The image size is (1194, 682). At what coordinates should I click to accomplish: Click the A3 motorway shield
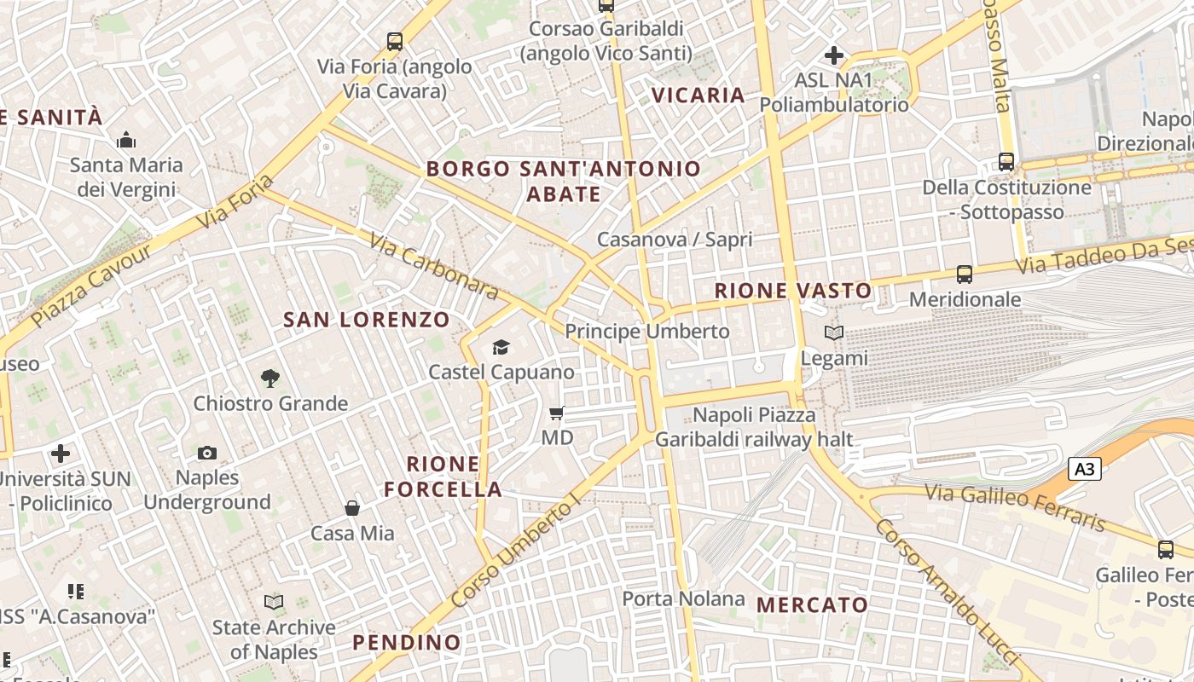[1084, 469]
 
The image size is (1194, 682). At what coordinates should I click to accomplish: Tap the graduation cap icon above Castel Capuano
[501, 347]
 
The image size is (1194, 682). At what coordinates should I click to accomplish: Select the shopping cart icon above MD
[557, 413]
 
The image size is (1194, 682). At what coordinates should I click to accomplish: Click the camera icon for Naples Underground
[207, 453]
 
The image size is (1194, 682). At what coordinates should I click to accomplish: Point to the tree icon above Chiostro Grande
[270, 378]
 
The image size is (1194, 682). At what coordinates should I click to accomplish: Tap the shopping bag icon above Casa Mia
[352, 509]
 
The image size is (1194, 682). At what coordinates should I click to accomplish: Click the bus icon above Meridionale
[965, 275]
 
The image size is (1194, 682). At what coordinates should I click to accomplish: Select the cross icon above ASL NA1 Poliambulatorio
[834, 56]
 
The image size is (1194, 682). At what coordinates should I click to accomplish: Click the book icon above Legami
[834, 333]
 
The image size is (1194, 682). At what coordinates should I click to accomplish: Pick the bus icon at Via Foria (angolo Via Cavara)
[394, 41]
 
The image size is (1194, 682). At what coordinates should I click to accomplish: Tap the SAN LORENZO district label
[367, 321]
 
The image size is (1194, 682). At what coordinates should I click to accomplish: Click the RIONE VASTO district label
[793, 291]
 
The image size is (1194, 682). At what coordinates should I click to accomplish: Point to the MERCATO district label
[812, 605]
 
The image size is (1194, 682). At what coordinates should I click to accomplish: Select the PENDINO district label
[407, 642]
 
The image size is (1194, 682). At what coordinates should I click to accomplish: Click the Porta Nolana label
[683, 598]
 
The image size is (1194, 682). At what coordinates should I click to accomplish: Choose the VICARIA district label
[698, 95]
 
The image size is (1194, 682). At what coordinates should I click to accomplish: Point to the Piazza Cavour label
[91, 286]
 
